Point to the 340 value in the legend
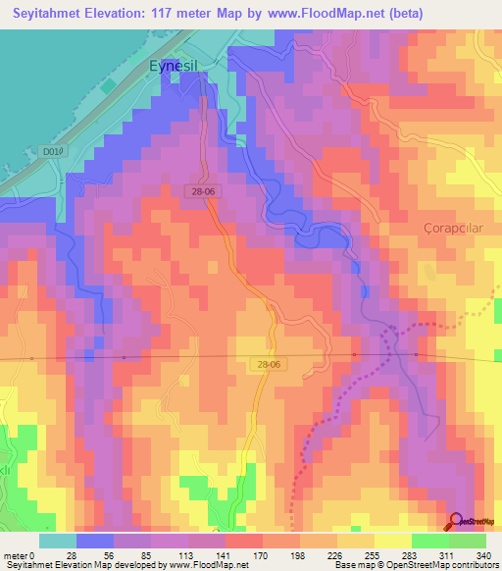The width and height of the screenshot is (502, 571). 482,556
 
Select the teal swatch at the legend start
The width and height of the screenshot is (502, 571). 58,541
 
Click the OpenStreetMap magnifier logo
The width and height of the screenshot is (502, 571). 456,521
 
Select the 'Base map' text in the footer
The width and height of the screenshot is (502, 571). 355,566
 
